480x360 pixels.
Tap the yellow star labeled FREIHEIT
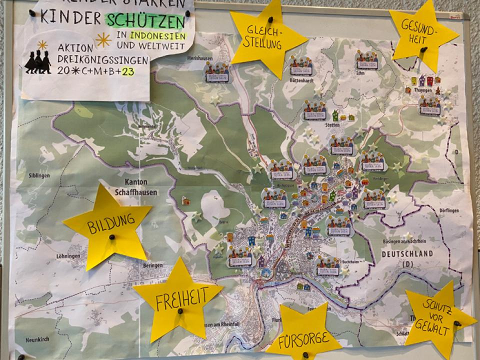point(177,300)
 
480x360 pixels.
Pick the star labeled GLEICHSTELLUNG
point(267,37)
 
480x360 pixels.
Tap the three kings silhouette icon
point(38,60)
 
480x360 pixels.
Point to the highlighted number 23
point(127,70)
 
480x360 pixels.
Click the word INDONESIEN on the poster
point(157,35)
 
